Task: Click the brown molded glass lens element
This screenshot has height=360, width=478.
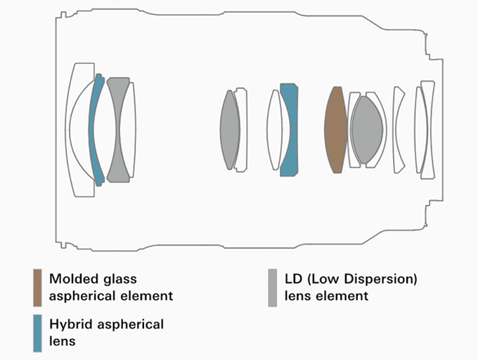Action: pos(335,128)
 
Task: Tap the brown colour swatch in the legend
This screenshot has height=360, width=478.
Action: pos(37,287)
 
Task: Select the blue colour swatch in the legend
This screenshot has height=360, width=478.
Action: pos(37,333)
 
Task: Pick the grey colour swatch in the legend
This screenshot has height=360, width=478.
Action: pos(273,287)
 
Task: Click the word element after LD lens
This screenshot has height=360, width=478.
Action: pos(343,296)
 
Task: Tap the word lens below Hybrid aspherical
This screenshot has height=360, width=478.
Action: pos(62,341)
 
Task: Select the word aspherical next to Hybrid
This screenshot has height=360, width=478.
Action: pos(131,324)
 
